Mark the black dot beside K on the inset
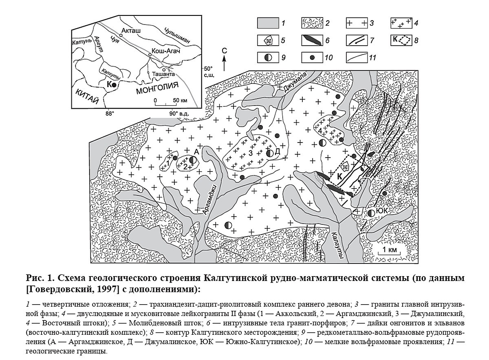coord(115,84)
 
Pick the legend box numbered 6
coord(312,40)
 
